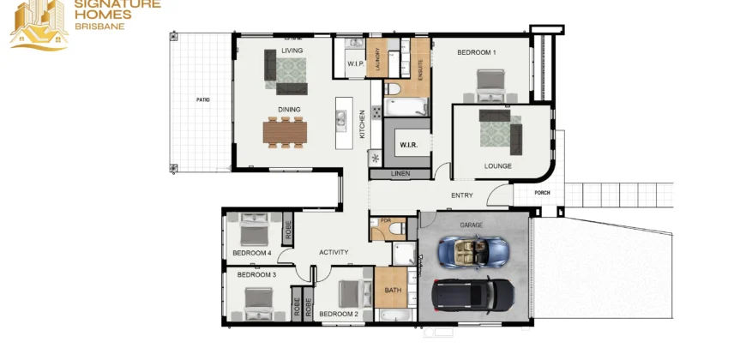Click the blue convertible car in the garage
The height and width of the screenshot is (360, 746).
pyautogui.click(x=472, y=251)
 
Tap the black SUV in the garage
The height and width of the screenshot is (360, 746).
pyautogui.click(x=473, y=294)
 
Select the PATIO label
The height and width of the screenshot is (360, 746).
pyautogui.click(x=203, y=100)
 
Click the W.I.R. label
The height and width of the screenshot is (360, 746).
pyautogui.click(x=409, y=145)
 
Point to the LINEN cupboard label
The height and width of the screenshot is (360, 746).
pyautogui.click(x=400, y=174)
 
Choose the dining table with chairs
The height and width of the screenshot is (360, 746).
pyautogui.click(x=285, y=132)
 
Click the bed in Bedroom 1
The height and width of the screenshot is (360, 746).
pyautogui.click(x=490, y=86)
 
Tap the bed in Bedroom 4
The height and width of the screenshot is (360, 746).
pyautogui.click(x=254, y=229)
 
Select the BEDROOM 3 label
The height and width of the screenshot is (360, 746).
pyautogui.click(x=256, y=275)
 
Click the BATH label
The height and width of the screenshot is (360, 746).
pyautogui.click(x=393, y=290)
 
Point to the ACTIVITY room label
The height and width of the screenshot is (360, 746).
pyautogui.click(x=334, y=253)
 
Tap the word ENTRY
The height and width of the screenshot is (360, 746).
pyautogui.click(x=462, y=195)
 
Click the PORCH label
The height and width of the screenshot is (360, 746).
pyautogui.click(x=543, y=193)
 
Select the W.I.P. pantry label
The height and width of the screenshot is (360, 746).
pyautogui.click(x=355, y=63)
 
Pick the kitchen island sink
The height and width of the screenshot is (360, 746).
pyautogui.click(x=340, y=118)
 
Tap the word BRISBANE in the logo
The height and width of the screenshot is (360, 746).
pyautogui.click(x=100, y=27)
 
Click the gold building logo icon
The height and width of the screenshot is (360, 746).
pyautogui.click(x=39, y=25)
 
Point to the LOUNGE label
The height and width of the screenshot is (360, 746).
pyautogui.click(x=498, y=166)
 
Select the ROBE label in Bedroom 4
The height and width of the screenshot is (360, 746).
pyautogui.click(x=288, y=229)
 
